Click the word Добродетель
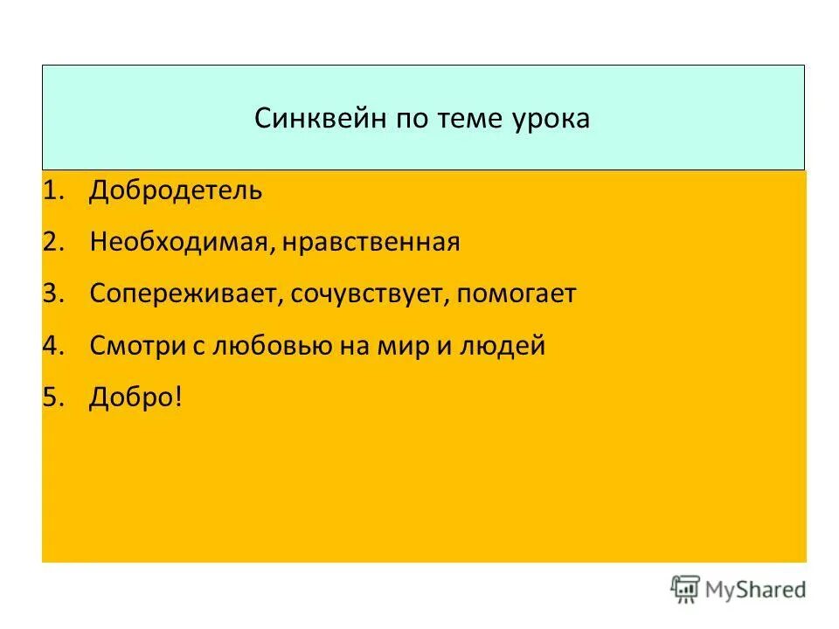click(x=175, y=190)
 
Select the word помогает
click(x=517, y=294)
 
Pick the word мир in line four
click(x=385, y=346)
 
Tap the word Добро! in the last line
click(x=135, y=397)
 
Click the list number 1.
click(x=52, y=190)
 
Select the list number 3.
click(x=52, y=294)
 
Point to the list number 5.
click(x=52, y=397)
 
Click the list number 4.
click(x=52, y=346)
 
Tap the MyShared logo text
click(x=756, y=589)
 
